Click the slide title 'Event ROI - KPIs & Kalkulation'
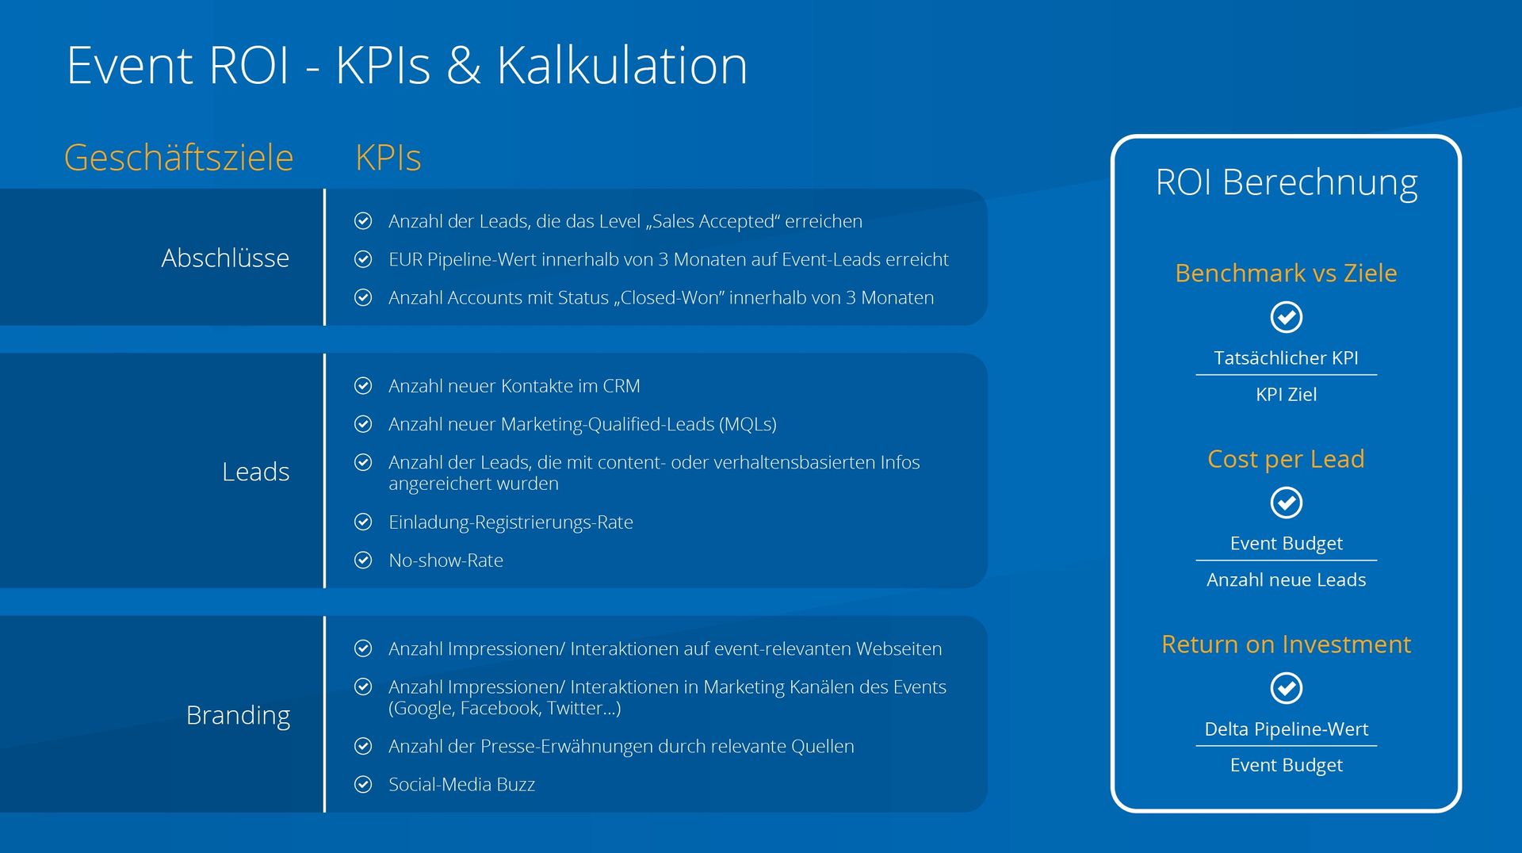click(407, 65)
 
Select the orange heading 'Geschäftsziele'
click(178, 157)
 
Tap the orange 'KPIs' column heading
click(388, 157)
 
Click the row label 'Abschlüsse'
click(225, 258)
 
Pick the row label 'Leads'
click(255, 472)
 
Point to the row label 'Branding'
click(238, 715)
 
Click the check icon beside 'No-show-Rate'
click(363, 560)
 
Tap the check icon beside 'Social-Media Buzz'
click(363, 784)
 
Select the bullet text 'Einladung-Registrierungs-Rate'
click(511, 522)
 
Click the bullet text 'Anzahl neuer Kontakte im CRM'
click(514, 386)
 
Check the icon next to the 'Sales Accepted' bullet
click(363, 221)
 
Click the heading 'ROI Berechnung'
click(1286, 182)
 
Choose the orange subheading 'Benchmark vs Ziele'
click(1286, 273)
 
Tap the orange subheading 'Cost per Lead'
click(1286, 459)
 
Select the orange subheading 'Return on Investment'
click(1286, 645)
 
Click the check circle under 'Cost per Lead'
click(1286, 503)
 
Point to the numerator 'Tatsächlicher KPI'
click(1286, 358)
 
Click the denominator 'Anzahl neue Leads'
click(1286, 580)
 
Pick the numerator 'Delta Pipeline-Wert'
click(1286, 729)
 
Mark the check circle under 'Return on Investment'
click(1286, 688)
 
